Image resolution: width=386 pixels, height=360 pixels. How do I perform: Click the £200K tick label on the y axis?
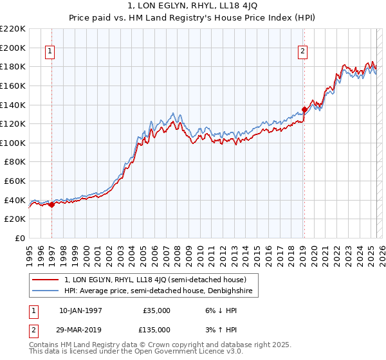coord(13,48)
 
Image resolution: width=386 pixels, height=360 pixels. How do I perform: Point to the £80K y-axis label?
coord(15,162)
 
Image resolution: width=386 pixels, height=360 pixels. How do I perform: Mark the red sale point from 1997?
coord(51,205)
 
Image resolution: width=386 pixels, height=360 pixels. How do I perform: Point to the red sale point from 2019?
coord(304,109)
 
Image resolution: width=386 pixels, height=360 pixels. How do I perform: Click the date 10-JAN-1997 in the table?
coord(80,310)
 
